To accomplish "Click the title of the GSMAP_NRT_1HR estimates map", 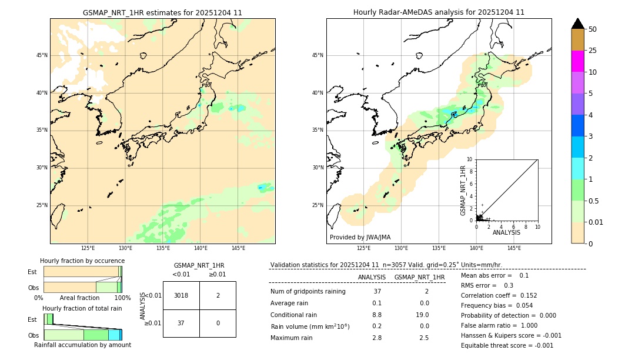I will pos(162,12).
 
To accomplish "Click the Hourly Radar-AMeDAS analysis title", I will pos(439,12).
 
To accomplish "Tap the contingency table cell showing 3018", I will pos(181,295).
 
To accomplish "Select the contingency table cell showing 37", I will pos(181,323).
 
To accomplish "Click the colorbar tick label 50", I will pos(593,29).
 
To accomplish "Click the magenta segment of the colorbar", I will pos(577,61).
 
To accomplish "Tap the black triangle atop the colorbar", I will pos(577,24).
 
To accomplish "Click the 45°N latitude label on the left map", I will pos(42,55).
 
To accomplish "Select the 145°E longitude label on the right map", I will pos(514,248).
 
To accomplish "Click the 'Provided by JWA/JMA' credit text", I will pos(360,237).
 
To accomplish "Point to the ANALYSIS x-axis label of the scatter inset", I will pos(506,232).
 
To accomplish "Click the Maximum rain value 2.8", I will pos(377,338).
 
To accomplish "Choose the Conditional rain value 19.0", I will pos(424,315).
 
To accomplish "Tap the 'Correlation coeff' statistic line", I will pos(499,295).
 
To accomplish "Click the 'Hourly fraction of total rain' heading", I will pos(82,308).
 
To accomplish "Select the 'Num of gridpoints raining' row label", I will pos(308,291).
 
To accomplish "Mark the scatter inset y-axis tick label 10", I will pos(470,159).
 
